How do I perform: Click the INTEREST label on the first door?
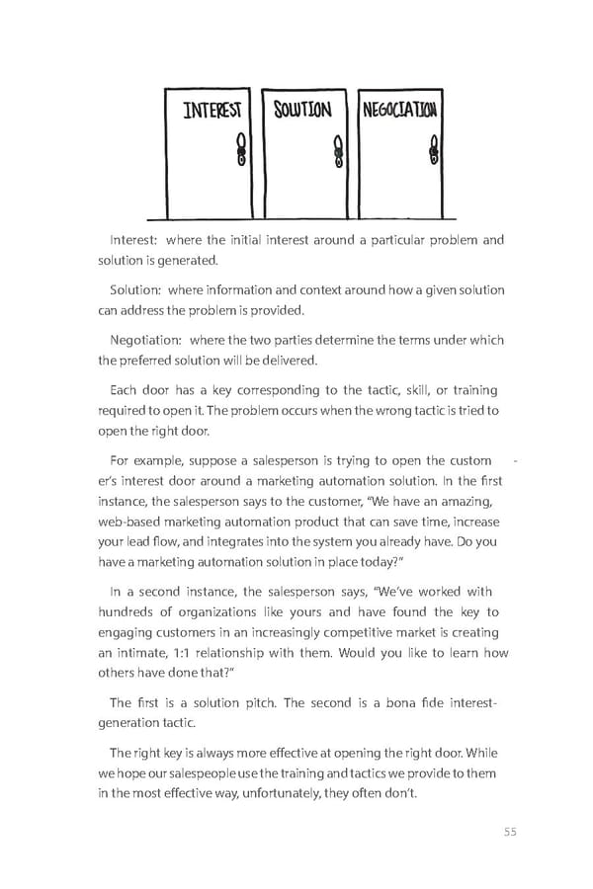click(x=213, y=112)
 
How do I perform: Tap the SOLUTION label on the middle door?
click(x=302, y=109)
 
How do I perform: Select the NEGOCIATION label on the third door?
click(x=399, y=109)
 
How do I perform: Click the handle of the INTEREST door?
click(x=239, y=151)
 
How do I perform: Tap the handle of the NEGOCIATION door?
click(x=433, y=151)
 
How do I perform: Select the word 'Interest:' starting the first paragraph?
click(x=133, y=239)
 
